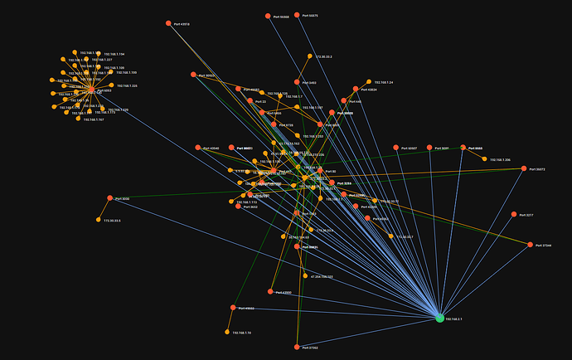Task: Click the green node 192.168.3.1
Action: point(439,318)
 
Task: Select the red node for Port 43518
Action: point(168,23)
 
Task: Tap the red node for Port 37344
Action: point(531,245)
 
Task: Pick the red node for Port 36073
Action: point(524,168)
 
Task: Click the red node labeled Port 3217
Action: point(513,214)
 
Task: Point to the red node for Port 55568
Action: point(268,16)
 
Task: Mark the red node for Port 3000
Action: point(110,198)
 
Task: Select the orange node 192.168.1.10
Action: point(226,332)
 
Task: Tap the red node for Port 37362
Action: point(297,347)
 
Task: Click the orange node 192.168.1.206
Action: point(485,159)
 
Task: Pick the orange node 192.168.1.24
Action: point(370,82)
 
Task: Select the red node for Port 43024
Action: point(356,89)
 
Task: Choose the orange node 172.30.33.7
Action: point(392,236)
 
